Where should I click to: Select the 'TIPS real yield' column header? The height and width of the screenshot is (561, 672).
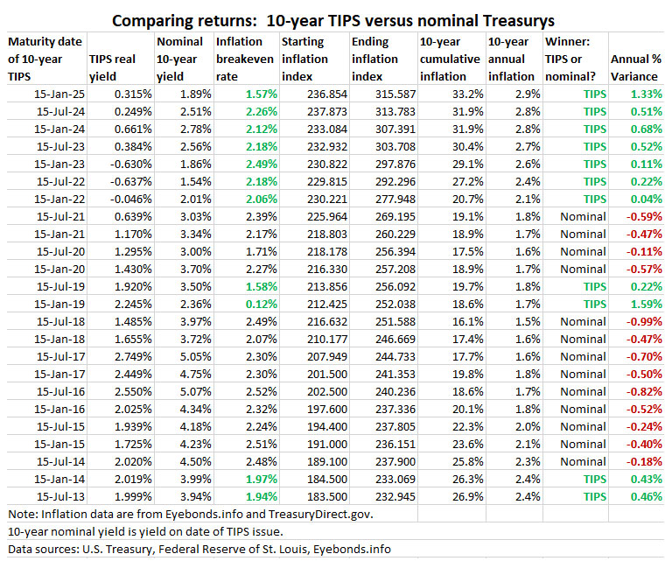pyautogui.click(x=119, y=67)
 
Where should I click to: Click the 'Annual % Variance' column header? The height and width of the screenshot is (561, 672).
pyautogui.click(x=634, y=67)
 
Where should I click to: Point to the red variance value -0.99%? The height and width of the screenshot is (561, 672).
pyautogui.click(x=640, y=321)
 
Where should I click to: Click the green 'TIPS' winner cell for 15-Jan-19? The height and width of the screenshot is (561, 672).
pyautogui.click(x=592, y=304)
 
